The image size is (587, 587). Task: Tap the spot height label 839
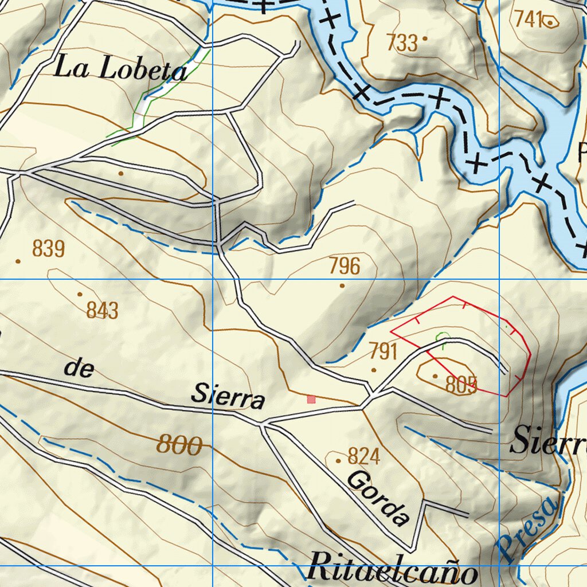[49, 249]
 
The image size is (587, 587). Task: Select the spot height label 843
[103, 311]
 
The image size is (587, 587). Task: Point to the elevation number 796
[345, 267]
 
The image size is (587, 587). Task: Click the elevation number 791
[383, 351]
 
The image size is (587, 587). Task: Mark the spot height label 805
[461, 385]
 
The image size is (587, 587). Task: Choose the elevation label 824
[364, 457]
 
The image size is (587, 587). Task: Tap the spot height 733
[402, 43]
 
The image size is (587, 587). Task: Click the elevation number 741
[528, 20]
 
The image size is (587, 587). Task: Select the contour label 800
[179, 445]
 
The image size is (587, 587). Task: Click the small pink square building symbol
[311, 399]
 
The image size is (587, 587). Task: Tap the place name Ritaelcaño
[392, 570]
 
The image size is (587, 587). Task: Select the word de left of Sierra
[79, 369]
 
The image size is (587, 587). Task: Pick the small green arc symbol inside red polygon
[442, 337]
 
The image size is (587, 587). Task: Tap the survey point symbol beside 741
[551, 22]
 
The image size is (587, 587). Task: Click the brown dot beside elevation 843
[80, 295]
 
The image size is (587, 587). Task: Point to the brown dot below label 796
[342, 285]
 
